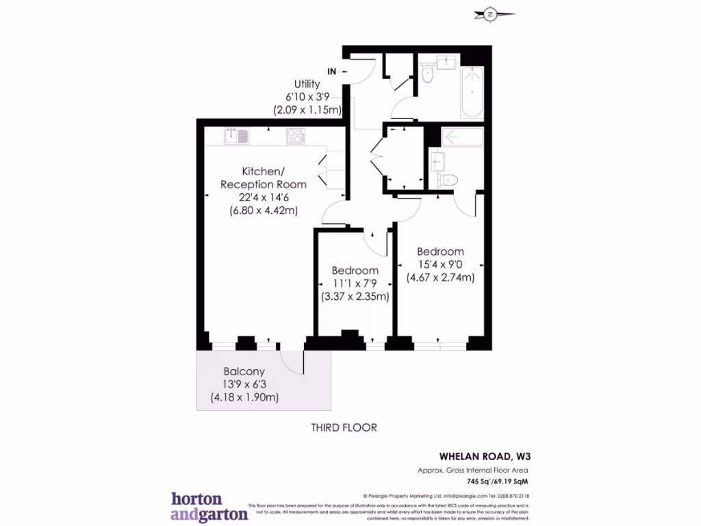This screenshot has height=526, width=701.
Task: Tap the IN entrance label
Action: [331, 71]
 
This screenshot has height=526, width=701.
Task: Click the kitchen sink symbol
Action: [236, 136]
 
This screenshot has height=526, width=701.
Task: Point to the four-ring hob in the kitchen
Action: [296, 136]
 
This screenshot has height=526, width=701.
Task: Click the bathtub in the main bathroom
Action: [472, 92]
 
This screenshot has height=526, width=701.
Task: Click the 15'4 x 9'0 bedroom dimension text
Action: [441, 264]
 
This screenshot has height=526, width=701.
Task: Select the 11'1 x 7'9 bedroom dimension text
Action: [355, 284]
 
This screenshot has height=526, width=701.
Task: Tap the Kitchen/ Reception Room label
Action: [263, 177]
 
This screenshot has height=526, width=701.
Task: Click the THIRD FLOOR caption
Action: [344, 428]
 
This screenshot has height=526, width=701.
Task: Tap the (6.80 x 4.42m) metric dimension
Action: [263, 211]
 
